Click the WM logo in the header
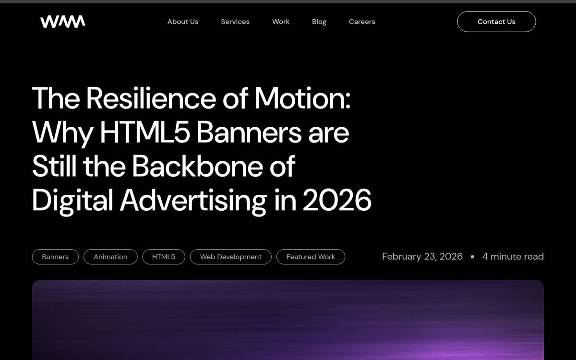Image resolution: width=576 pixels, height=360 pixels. click(63, 22)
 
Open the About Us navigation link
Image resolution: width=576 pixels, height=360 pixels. click(183, 22)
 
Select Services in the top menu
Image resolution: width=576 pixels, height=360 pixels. click(235, 22)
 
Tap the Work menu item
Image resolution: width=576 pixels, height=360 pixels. click(281, 22)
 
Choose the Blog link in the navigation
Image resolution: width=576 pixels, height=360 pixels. click(319, 22)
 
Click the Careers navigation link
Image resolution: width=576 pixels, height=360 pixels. click(362, 22)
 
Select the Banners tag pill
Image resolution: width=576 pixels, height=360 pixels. click(55, 257)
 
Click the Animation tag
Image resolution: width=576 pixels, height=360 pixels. click(110, 257)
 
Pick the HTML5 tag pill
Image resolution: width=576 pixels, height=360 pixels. click(164, 257)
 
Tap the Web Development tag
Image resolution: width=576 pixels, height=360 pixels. click(231, 257)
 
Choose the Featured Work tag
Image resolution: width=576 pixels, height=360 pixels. click(311, 257)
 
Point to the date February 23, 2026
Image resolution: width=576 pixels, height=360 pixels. click(422, 256)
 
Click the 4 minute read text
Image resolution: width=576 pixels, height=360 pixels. click(513, 256)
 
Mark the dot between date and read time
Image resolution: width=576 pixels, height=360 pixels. click(472, 257)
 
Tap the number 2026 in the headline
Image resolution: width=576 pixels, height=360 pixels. click(337, 200)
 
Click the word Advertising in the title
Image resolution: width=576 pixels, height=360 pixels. click(193, 200)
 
